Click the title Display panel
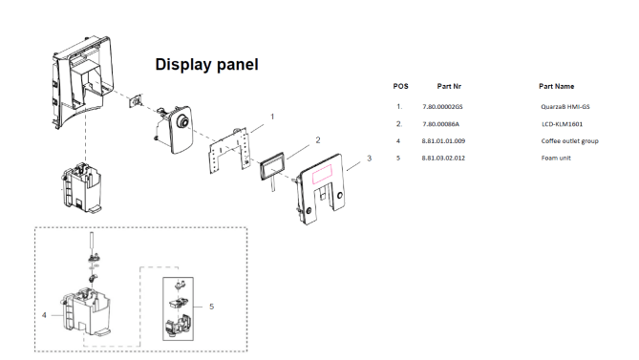[x=206, y=65]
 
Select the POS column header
[x=400, y=86]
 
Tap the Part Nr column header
[x=449, y=86]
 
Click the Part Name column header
[x=556, y=86]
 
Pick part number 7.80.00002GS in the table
[x=442, y=107]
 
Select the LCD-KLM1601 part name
[x=562, y=124]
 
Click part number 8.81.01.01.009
[x=443, y=141]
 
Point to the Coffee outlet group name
[x=569, y=141]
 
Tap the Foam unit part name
[x=556, y=158]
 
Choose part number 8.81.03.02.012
[x=443, y=158]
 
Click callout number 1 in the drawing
[x=272, y=116]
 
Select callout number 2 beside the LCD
[x=318, y=140]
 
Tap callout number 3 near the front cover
[x=370, y=158]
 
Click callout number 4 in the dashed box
[x=44, y=315]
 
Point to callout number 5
[x=211, y=307]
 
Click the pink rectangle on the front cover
[x=322, y=174]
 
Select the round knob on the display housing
[x=183, y=122]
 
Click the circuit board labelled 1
[x=229, y=151]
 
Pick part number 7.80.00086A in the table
[x=440, y=124]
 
